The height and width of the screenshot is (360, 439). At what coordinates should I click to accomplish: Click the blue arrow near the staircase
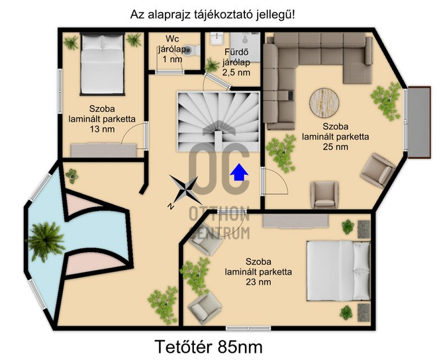coord(239,172)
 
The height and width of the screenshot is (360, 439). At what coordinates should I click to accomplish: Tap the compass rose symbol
coord(185,190)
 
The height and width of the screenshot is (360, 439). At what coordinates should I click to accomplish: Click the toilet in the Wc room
coord(192,50)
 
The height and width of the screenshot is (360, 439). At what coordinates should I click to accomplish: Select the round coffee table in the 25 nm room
coord(324,103)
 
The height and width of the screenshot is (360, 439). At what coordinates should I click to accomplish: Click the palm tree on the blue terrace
coord(46,242)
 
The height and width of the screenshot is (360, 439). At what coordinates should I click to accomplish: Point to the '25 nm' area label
coord(336,147)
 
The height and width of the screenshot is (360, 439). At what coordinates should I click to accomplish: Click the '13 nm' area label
coord(102,129)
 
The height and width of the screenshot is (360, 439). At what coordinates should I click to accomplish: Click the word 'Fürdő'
coord(236,52)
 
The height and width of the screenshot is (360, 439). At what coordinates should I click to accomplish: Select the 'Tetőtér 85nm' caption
coord(209,347)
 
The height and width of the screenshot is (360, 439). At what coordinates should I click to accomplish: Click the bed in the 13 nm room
coord(102,64)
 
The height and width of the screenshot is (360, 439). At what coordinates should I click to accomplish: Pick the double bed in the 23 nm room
coord(338,271)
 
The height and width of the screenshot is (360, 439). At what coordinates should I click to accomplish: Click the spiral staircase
coord(219,121)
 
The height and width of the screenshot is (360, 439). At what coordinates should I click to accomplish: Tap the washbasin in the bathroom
coord(217,38)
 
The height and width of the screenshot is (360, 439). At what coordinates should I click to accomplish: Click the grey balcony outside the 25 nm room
coord(419,122)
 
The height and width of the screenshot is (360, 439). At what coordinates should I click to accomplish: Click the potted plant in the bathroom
coord(212,66)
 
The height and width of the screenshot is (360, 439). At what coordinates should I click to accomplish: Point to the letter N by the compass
coord(170,206)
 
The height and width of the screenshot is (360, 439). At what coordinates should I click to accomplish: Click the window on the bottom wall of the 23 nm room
coord(248,328)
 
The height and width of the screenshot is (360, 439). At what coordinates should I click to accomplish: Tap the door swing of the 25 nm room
coord(275,181)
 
